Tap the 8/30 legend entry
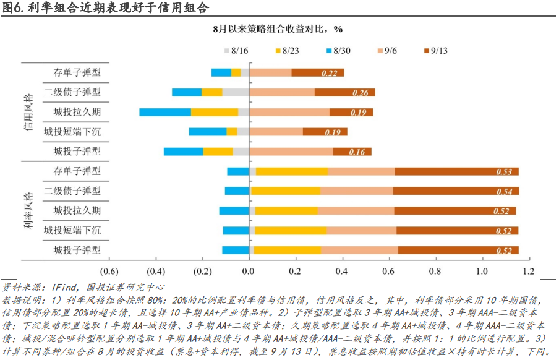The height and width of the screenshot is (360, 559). [337, 49]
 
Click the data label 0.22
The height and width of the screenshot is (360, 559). [330, 73]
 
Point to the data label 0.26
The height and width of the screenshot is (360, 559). [360, 93]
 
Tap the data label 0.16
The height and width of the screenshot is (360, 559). [357, 152]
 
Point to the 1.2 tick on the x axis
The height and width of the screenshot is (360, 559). [527, 271]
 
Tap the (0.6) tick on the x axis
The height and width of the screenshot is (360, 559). [109, 271]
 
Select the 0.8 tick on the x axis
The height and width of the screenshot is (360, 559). [435, 271]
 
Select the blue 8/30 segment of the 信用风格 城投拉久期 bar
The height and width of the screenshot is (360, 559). [165, 112]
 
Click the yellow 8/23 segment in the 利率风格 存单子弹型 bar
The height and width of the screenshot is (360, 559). [292, 171]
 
